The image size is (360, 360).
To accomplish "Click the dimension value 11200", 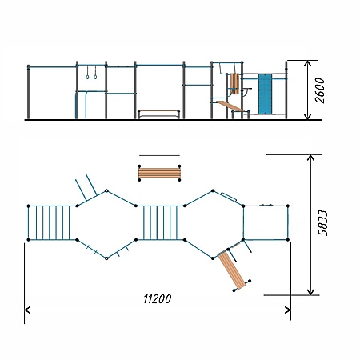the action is point(158,299).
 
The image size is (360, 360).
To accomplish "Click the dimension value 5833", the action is point(322,222).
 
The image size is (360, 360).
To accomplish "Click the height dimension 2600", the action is point(320,90).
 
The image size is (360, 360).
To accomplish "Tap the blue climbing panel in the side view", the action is point(265,94).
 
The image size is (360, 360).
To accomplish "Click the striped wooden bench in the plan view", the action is point(159,173).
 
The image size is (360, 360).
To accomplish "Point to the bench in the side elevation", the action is point(158,114).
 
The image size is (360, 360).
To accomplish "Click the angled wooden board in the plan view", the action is point(232,270).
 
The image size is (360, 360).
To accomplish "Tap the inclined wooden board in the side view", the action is point(230,106).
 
